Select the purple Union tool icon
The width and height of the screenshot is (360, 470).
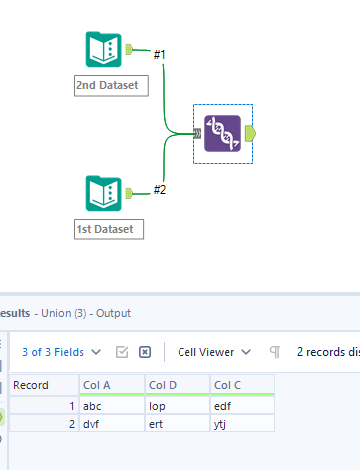click(x=222, y=133)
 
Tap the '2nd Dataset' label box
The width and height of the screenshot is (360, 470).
click(x=111, y=86)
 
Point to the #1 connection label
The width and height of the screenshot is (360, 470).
click(x=160, y=53)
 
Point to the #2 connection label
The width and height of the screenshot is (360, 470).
click(x=160, y=189)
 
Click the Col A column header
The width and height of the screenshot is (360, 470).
click(x=112, y=385)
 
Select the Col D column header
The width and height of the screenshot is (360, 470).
click(x=177, y=385)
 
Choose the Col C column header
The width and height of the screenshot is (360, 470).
click(x=241, y=385)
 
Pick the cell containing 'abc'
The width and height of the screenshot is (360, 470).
click(x=112, y=405)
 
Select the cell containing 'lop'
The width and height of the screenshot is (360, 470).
click(x=177, y=405)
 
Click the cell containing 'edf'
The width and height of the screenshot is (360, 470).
click(x=241, y=405)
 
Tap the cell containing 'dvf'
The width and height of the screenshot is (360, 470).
click(x=112, y=423)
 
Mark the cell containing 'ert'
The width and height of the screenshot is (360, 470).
click(x=177, y=423)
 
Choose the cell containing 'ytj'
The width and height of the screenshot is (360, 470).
click(x=241, y=423)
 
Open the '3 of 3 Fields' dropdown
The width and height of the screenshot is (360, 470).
click(x=60, y=351)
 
